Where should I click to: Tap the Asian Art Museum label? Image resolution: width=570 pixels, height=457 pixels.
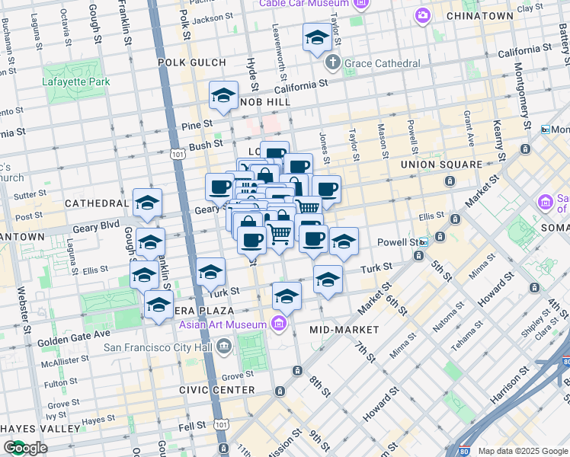[x=223, y=325]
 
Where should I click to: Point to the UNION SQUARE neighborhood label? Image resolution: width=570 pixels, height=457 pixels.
[x=441, y=165]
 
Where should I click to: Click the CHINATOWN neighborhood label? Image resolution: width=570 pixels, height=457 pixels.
[x=479, y=16]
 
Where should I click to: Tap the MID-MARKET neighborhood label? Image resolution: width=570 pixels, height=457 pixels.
[x=344, y=330]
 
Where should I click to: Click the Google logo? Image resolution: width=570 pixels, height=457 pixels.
[x=26, y=448]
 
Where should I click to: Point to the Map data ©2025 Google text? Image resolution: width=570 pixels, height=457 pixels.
[x=522, y=451]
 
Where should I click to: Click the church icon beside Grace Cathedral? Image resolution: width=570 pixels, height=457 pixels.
[x=333, y=62]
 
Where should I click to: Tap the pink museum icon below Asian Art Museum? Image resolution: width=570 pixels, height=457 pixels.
[x=280, y=325]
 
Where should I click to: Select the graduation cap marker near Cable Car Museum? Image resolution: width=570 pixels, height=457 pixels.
[x=317, y=37]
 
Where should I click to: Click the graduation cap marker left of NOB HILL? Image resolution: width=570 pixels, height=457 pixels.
[x=223, y=95]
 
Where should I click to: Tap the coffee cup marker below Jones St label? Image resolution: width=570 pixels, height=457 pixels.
[x=326, y=190]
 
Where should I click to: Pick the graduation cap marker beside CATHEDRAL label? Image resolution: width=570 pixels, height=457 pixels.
[x=147, y=203]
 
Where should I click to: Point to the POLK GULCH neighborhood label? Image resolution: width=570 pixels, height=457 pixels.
[x=192, y=62]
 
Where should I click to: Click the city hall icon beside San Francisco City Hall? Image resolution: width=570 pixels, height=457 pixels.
[x=223, y=347]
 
